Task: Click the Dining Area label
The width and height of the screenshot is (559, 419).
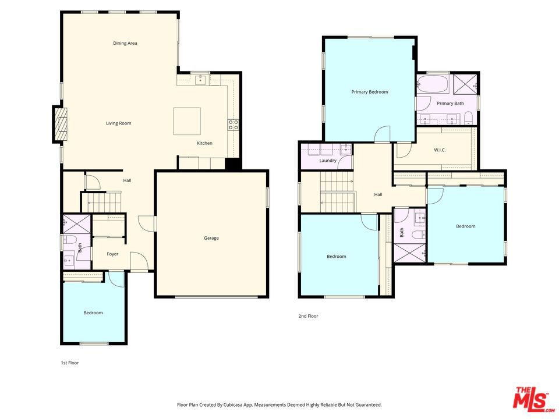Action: [x=125, y=44]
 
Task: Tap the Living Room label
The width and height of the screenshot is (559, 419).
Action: [x=119, y=123]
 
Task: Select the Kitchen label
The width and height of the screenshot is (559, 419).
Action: [x=204, y=143]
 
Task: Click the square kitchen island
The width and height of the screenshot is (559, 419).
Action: [x=187, y=121]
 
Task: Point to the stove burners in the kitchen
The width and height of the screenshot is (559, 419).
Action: [x=233, y=125]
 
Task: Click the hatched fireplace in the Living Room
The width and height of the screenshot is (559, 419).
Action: [x=60, y=124]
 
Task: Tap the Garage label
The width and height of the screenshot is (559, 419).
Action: [x=211, y=238]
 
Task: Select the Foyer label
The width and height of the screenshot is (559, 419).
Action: [x=112, y=254]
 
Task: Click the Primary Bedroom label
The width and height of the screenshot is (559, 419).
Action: [x=370, y=92]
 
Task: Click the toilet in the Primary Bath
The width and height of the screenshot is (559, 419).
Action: [x=468, y=118]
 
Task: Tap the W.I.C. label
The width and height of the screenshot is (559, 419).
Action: [x=440, y=150]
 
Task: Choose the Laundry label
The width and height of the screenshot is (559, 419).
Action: [x=328, y=161]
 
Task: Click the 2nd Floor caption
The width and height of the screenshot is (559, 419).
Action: [x=309, y=316]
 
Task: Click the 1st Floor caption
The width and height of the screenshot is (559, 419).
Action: [x=69, y=363]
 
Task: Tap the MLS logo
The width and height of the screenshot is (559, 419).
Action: [x=533, y=397]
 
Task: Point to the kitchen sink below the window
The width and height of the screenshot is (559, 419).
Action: [x=201, y=80]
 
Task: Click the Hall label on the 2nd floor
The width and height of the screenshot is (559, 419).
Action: [x=378, y=194]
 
